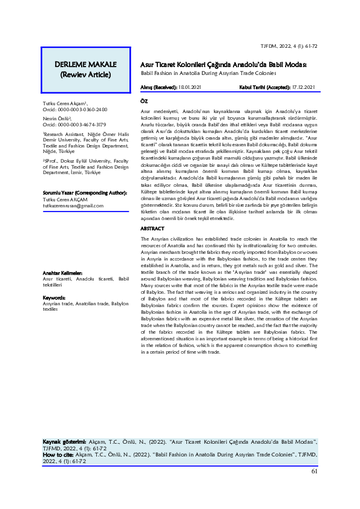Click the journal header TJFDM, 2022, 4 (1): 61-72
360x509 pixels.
[289, 46]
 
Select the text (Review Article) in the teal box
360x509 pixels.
[82, 75]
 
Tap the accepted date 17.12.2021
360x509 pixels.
[301, 88]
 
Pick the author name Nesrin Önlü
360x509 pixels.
[56, 119]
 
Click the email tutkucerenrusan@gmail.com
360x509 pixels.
[73, 206]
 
